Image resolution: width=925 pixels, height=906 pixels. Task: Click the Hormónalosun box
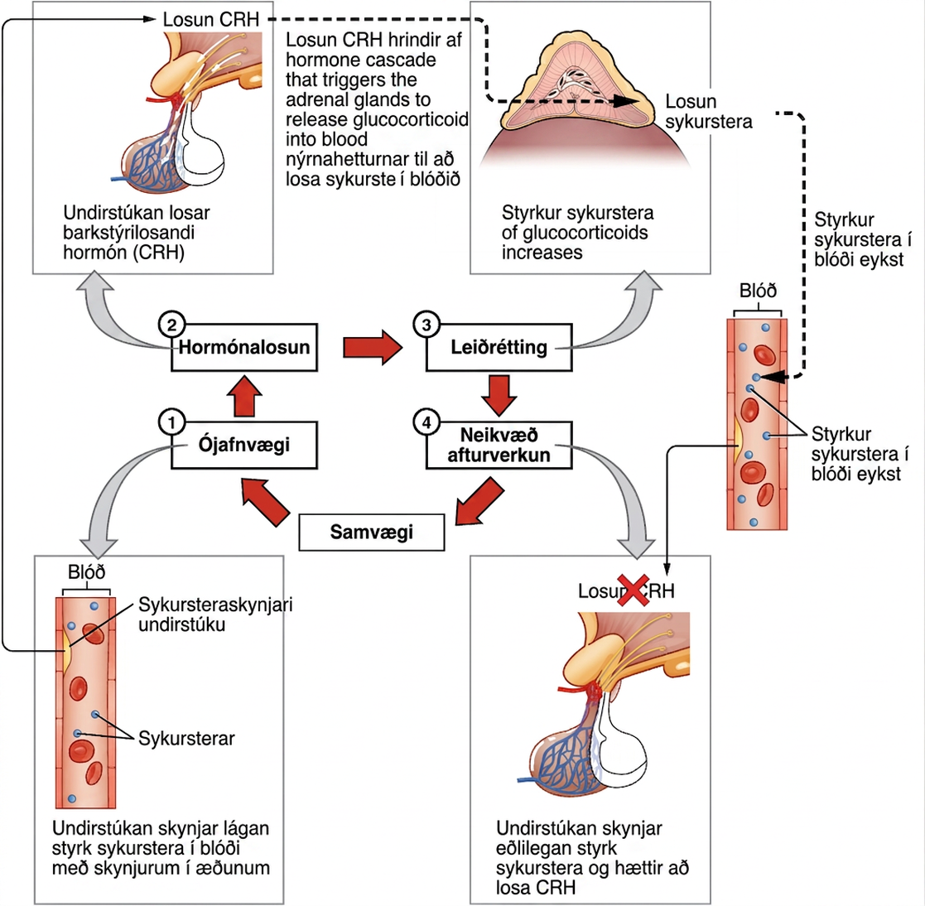[244, 347]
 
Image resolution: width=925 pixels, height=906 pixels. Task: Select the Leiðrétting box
[499, 347]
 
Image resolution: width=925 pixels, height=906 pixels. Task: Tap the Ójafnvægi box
[244, 445]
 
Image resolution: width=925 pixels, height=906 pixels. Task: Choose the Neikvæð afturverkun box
[499, 445]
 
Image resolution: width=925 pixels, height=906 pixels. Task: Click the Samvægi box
[372, 532]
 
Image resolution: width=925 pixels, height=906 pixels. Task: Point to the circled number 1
[171, 422]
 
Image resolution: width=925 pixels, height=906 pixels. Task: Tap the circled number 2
[171, 325]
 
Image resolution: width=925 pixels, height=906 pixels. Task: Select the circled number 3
[426, 325]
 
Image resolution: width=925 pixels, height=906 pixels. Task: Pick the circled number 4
[426, 422]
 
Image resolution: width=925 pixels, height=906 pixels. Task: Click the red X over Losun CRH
[633, 590]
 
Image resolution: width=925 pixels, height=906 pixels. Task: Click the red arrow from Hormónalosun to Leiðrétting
[373, 347]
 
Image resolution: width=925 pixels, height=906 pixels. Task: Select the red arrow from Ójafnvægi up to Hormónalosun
[244, 396]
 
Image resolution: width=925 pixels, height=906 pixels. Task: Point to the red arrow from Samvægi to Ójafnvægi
[266, 500]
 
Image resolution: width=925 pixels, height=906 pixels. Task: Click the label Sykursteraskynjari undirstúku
[215, 614]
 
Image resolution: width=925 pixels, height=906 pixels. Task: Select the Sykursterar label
[186, 738]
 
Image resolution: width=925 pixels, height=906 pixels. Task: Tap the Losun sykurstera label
[709, 112]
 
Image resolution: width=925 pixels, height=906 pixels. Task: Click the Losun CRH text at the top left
[210, 20]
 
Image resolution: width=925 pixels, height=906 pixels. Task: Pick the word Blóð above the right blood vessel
[758, 290]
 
